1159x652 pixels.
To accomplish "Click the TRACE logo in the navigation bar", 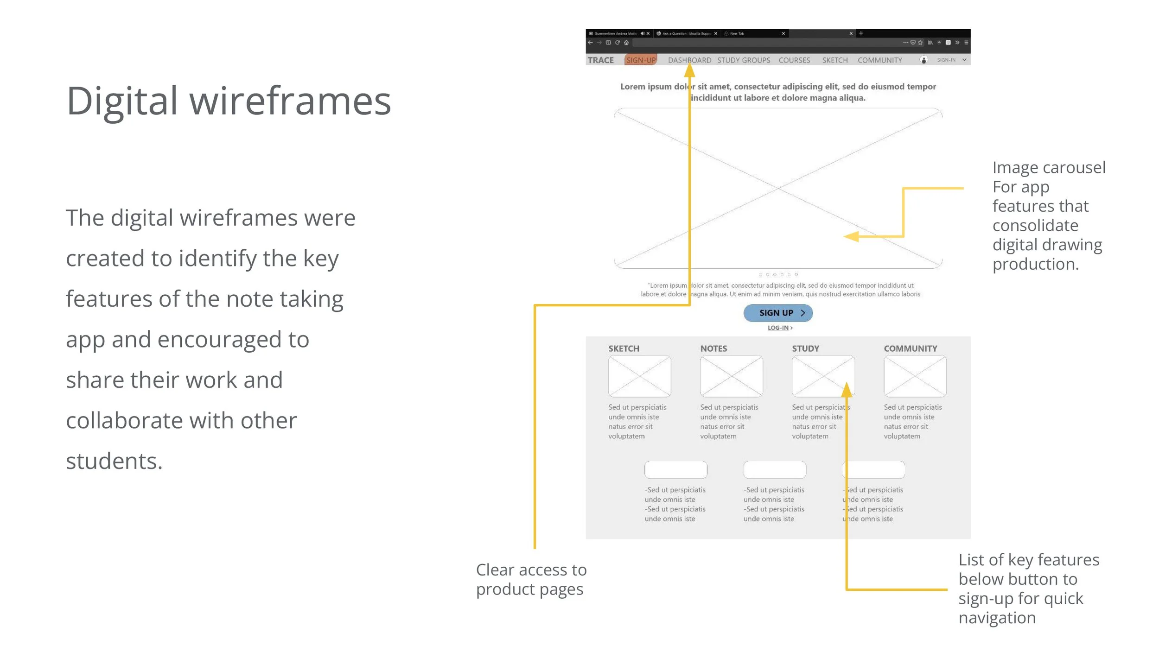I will pos(600,60).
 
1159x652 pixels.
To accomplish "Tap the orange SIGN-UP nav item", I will pos(641,60).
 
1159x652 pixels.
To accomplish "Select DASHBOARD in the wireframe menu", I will pos(689,60).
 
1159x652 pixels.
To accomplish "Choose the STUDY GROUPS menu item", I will pos(744,60).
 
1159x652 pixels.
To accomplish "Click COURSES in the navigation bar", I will pos(794,60).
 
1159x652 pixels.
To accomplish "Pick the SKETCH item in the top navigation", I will pos(835,60).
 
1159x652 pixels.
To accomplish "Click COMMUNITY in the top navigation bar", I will pos(879,60).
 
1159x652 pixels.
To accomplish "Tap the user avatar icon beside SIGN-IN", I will pos(923,60).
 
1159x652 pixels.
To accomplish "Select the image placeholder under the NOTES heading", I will pos(731,376).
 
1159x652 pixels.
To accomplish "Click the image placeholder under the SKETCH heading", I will pos(639,376).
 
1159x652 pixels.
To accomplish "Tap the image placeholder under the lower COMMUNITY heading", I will pos(915,376).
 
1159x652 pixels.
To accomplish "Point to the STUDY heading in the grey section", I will pos(805,348).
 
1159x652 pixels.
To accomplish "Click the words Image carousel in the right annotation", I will pos(1049,168).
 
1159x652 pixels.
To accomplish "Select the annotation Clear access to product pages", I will pos(531,579).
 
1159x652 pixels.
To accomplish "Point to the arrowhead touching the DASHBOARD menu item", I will pos(689,70).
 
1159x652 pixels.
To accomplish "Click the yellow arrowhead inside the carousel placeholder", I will pos(851,236).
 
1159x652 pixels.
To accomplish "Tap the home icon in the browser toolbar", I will pos(626,43).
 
